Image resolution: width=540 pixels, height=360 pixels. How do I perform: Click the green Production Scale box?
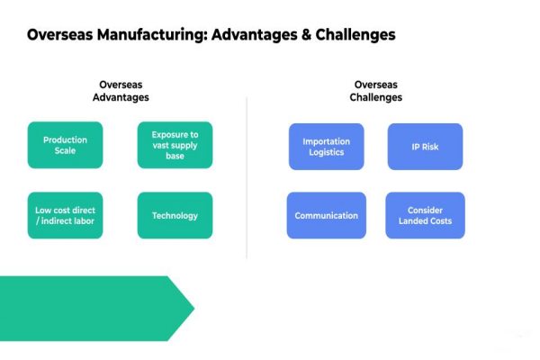click(x=65, y=145)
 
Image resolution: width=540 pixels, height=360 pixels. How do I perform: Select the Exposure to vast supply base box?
click(x=175, y=145)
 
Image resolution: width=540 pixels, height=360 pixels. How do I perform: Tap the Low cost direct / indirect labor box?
click(x=65, y=215)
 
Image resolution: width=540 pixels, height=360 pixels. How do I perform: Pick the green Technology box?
click(x=175, y=215)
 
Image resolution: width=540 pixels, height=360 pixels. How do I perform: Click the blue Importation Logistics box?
click(x=326, y=147)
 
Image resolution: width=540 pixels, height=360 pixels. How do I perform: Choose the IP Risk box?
click(x=425, y=147)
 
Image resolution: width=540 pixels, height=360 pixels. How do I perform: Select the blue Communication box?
click(x=326, y=215)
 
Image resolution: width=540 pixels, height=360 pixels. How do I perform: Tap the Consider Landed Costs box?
click(x=425, y=215)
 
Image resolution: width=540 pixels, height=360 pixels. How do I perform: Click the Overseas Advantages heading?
click(x=121, y=91)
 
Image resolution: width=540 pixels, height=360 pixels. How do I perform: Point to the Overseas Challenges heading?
click(x=375, y=91)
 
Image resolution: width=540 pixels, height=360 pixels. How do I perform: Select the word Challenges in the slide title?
click(x=353, y=35)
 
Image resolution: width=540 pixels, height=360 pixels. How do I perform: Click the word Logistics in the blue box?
click(x=326, y=153)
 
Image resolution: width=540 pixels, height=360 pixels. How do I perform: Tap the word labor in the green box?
click(x=83, y=221)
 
